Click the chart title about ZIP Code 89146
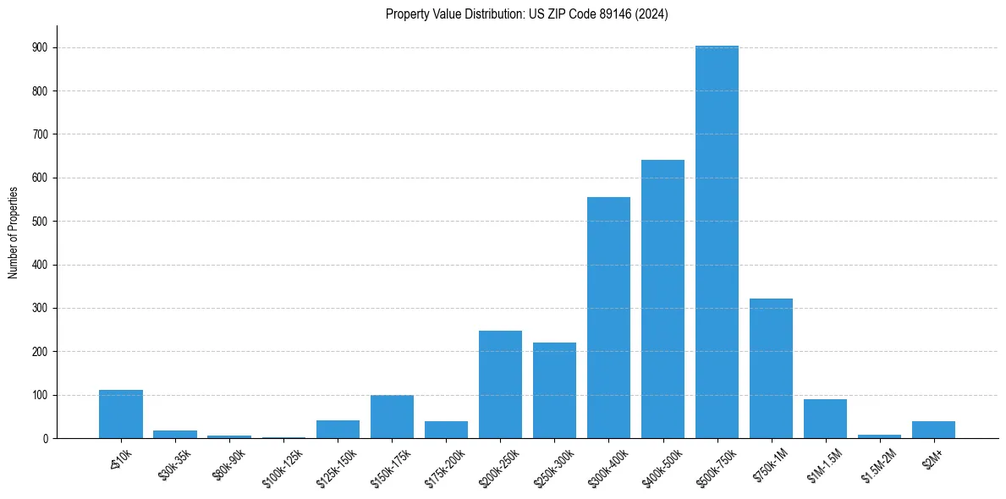pos(526,14)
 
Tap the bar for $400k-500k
pos(662,299)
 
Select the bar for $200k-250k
pos(500,385)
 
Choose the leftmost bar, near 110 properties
pos(121,414)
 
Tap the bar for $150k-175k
pos(392,417)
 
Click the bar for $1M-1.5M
pos(825,419)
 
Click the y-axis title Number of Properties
pos(14,232)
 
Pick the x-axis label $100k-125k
pos(283,467)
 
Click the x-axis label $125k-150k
pos(338,467)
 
